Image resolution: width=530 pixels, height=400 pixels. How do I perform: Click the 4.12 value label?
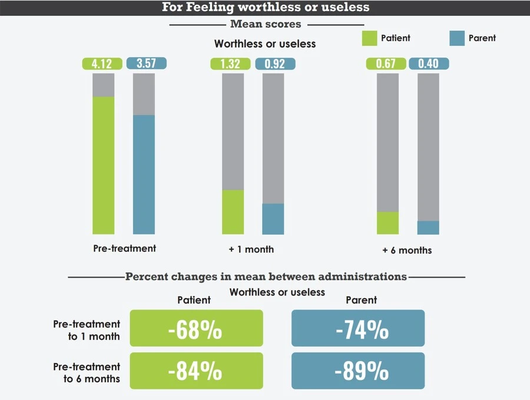[x=102, y=64]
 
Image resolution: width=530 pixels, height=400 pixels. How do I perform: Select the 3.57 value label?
[x=147, y=64]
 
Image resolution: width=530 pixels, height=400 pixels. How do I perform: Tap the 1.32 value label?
[x=230, y=64]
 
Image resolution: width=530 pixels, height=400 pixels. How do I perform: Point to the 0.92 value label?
[x=274, y=64]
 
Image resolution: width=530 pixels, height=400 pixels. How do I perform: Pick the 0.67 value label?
[x=386, y=64]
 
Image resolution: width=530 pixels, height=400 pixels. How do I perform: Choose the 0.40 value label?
[x=429, y=64]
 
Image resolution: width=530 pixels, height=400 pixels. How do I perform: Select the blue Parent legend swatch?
[x=456, y=38]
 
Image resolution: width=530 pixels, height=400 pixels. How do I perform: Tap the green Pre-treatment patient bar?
[x=104, y=165]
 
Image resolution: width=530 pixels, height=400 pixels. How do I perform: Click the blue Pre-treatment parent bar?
[x=144, y=174]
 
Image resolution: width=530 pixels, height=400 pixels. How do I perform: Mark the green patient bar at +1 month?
[x=233, y=211]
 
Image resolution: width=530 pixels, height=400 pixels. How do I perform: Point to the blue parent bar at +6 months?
[x=428, y=227]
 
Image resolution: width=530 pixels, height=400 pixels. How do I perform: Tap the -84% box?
[x=196, y=371]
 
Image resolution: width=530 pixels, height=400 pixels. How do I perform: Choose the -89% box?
[x=358, y=371]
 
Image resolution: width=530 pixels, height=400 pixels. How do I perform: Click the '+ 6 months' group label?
[x=406, y=250]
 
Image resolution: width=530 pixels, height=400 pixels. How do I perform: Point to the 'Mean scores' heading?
[x=266, y=24]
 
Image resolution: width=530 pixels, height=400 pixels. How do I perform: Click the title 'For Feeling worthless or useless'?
[x=266, y=7]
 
